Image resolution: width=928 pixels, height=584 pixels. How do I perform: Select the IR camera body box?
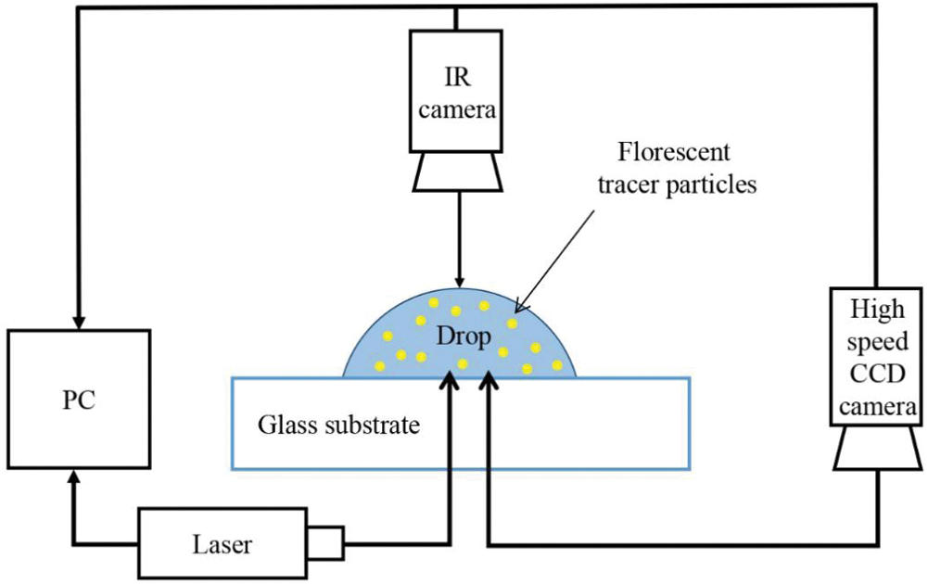456,91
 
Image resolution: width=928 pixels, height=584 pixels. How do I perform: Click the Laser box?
222,543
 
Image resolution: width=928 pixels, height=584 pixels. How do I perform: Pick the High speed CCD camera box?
876,357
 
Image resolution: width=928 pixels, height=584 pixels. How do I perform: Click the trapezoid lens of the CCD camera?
876,449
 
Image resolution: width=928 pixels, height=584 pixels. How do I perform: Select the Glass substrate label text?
339,425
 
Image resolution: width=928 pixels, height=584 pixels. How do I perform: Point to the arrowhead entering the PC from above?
78,317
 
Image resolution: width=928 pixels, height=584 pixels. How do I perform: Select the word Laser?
222,544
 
